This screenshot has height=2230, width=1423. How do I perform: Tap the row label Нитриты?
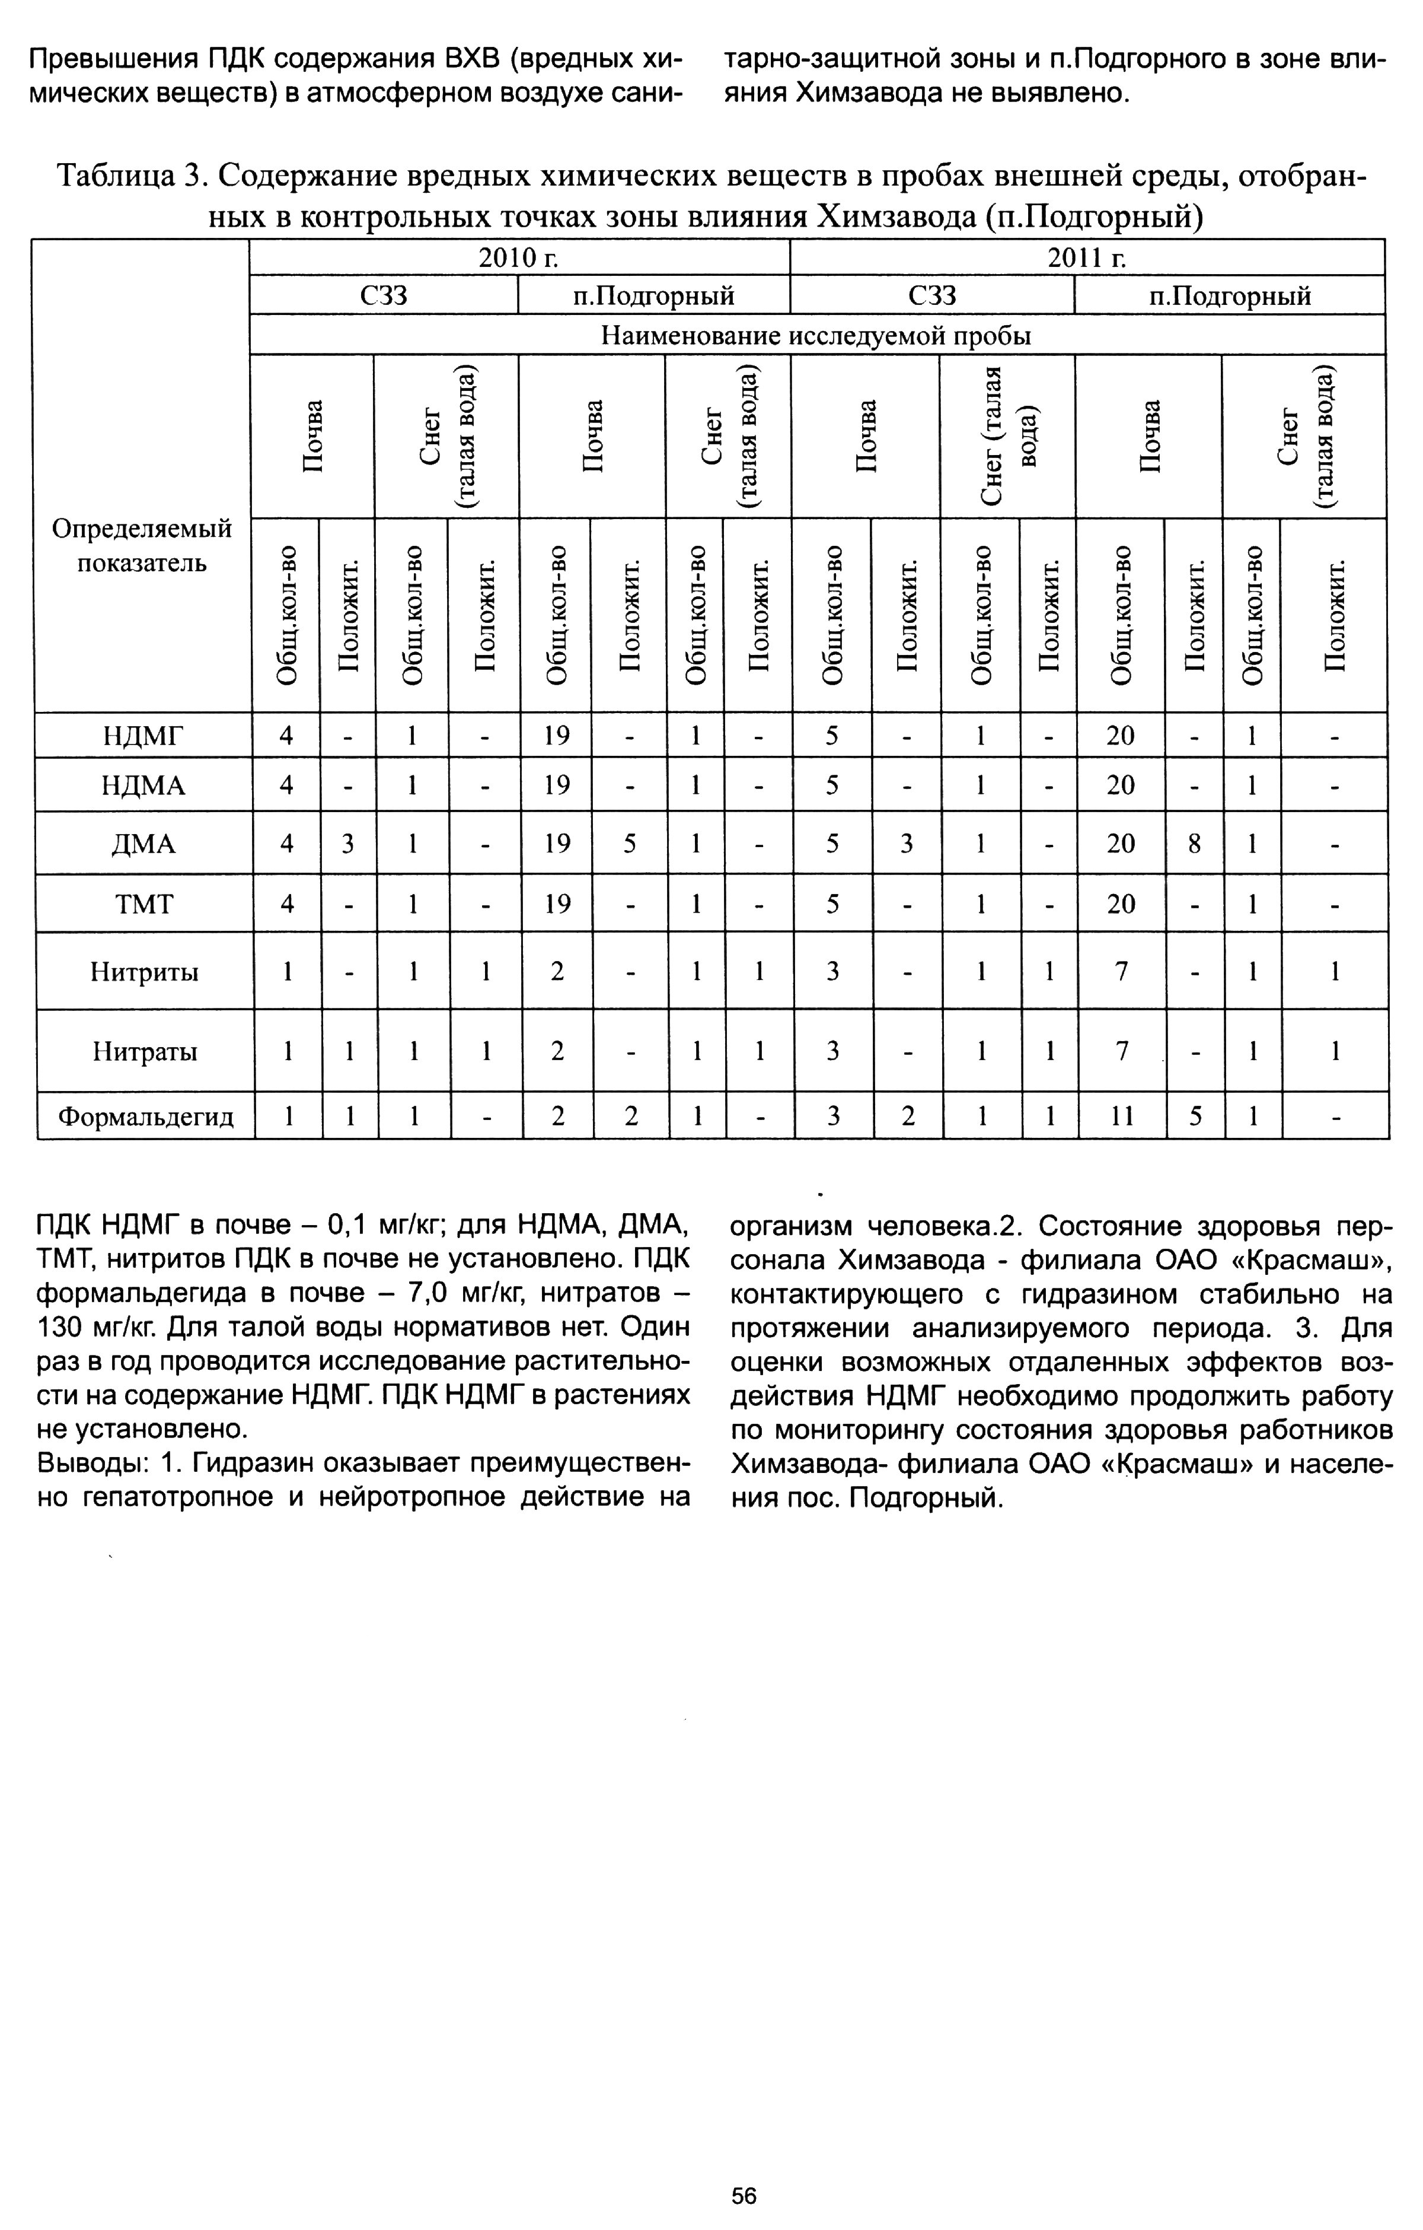coord(145,972)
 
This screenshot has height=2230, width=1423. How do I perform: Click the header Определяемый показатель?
coord(142,545)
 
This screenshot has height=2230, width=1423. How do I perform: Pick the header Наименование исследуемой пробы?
coord(816,335)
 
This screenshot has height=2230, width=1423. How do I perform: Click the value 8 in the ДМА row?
coord(1194,844)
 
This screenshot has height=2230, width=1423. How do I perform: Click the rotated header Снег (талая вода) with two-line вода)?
coord(1006,436)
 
